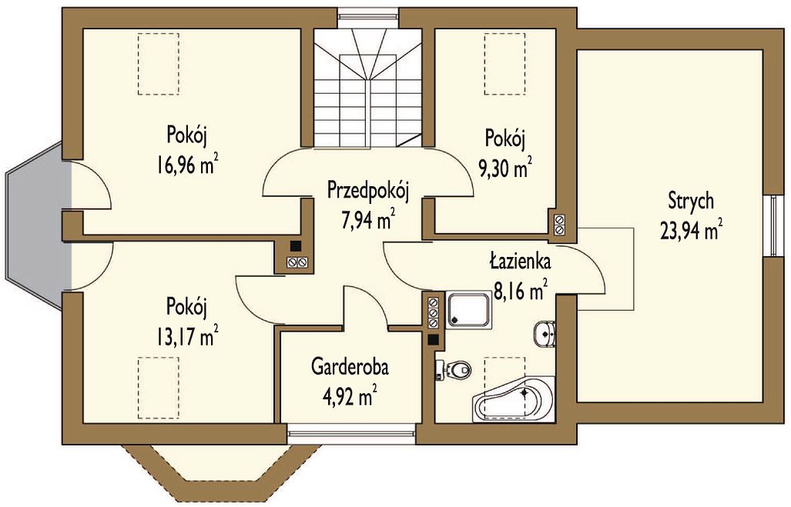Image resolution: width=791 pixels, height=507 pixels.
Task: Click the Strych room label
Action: (x=691, y=201)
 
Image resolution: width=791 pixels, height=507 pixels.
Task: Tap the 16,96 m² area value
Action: (x=187, y=165)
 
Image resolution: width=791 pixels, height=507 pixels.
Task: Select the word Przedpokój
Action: (x=367, y=191)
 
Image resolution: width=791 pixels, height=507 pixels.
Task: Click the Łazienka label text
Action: (x=520, y=262)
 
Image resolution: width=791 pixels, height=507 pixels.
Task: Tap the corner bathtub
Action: (x=514, y=399)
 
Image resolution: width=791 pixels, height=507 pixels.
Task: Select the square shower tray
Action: (x=468, y=311)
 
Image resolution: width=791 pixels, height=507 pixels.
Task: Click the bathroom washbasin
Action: (x=545, y=334)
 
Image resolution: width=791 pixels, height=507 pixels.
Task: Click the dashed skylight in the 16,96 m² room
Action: (x=159, y=64)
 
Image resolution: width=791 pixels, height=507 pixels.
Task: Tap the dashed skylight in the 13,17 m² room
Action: (x=159, y=388)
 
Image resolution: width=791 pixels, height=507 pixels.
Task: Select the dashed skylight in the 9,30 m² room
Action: (x=504, y=64)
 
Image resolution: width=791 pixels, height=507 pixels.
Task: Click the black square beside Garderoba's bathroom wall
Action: (x=433, y=340)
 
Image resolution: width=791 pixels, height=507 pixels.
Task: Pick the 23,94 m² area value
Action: (x=691, y=231)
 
